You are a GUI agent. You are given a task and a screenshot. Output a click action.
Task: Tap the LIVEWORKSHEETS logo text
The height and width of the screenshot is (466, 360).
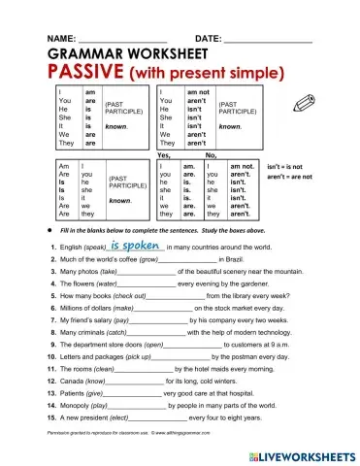tap(297, 453)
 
